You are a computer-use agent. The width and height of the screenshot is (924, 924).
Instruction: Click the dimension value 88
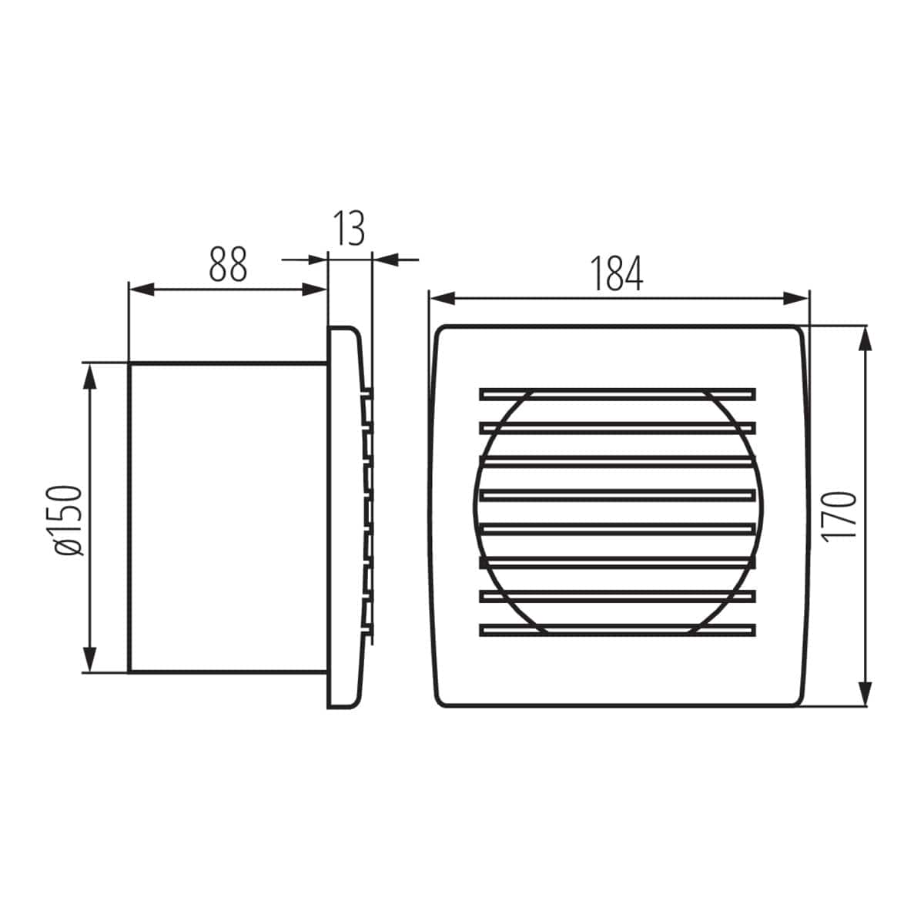(x=228, y=265)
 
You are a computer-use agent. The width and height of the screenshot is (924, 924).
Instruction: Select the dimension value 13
(x=350, y=228)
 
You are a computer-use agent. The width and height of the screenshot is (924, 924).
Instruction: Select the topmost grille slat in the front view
(x=617, y=393)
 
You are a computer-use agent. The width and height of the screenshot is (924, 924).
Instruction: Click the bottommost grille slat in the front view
(x=617, y=630)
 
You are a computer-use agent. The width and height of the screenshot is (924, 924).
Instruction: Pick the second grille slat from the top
(x=617, y=427)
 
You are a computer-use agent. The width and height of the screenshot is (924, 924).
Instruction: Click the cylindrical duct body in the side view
(x=228, y=517)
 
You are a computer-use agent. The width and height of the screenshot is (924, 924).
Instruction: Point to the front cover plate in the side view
(x=343, y=517)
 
